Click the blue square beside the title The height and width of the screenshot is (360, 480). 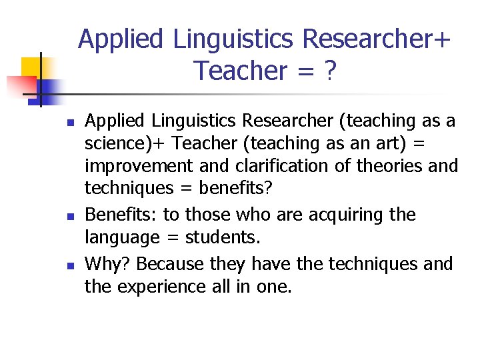point(51,88)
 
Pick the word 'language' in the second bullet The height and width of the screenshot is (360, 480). point(123,238)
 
